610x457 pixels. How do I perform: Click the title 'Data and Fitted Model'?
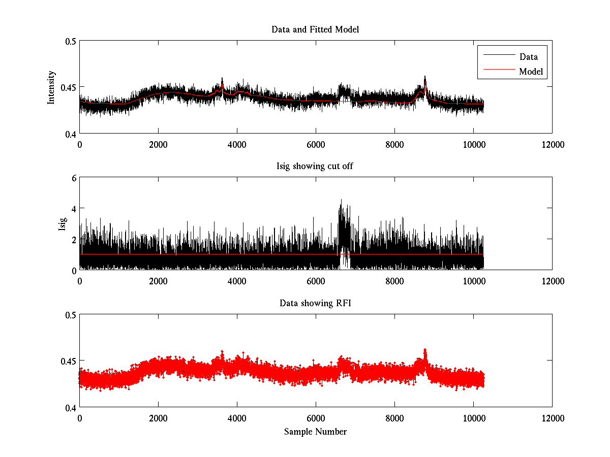(x=315, y=29)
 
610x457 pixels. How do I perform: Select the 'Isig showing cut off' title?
(x=315, y=167)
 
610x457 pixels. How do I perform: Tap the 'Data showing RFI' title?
(x=315, y=303)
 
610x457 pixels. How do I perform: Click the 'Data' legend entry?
(x=528, y=57)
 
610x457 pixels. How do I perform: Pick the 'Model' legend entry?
(x=531, y=72)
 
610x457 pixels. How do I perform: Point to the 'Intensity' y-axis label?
(x=51, y=87)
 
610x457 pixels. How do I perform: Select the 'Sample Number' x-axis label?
(x=315, y=432)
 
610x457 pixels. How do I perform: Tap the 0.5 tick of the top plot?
(x=70, y=41)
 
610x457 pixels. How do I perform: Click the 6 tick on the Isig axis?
(x=74, y=178)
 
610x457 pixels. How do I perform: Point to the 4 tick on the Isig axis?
(x=74, y=208)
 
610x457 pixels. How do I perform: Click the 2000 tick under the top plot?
(x=158, y=144)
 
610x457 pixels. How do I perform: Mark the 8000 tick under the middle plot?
(x=394, y=281)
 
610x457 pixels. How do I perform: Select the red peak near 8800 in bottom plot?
(x=425, y=350)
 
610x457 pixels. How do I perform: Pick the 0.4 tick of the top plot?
(x=70, y=134)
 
